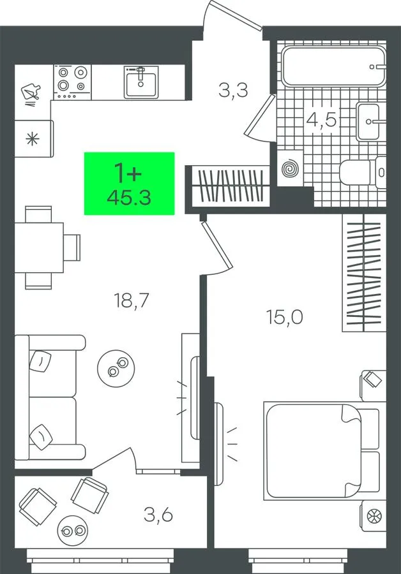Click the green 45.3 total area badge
point(130,184)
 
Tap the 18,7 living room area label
point(132,300)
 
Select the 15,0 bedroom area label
point(285,317)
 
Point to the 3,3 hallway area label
point(234,90)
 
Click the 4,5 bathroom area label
point(321,119)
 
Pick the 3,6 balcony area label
point(158,515)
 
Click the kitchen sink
point(140,82)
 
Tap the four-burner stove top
point(72,82)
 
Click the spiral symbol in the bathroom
point(291,168)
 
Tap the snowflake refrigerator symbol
point(33,140)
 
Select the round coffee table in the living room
point(116,368)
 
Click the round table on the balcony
point(72,530)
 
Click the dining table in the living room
point(39,247)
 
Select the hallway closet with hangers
point(231,185)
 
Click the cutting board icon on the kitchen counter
point(31,92)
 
